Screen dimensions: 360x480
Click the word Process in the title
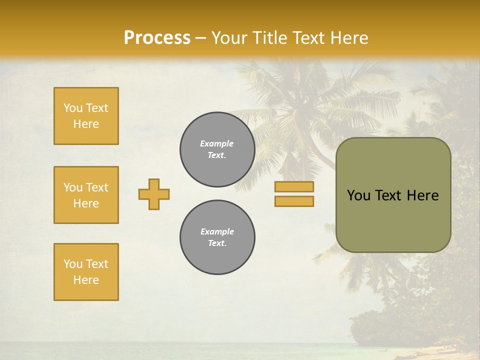click(x=157, y=38)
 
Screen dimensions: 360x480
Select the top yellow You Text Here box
click(x=86, y=116)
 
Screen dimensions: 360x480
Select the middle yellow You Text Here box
click(x=86, y=195)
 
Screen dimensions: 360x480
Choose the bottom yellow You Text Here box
click(x=86, y=272)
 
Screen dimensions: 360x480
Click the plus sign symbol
click(x=154, y=194)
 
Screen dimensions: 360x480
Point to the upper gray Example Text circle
click(x=217, y=149)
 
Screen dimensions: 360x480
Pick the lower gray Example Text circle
click(x=217, y=237)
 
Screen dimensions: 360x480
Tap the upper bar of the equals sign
click(x=294, y=187)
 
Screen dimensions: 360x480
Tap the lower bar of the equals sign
click(x=294, y=201)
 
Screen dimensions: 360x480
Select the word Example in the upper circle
click(x=217, y=143)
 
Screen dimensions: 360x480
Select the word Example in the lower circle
click(x=217, y=231)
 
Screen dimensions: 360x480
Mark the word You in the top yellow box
click(x=72, y=108)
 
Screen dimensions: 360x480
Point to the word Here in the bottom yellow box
click(x=86, y=280)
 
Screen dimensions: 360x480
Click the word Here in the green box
click(x=422, y=195)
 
